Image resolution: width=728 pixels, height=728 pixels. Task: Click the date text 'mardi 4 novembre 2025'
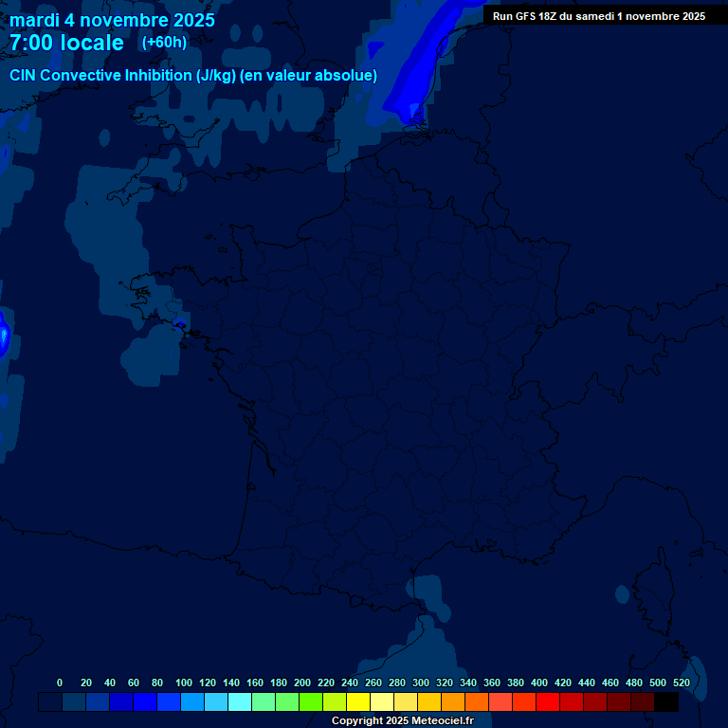tap(112, 20)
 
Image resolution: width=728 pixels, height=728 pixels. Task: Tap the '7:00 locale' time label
tap(66, 43)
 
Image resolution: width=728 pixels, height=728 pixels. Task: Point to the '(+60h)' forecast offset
tap(164, 43)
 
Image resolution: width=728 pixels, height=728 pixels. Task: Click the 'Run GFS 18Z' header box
tap(598, 15)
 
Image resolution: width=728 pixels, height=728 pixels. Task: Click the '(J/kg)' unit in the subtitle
tap(215, 76)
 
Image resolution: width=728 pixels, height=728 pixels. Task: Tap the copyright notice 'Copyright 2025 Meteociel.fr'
tap(402, 720)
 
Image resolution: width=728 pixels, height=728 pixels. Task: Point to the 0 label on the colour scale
tap(60, 682)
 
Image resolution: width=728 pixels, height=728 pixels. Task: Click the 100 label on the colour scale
tap(184, 682)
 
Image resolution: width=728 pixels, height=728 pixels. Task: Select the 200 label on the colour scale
tap(302, 682)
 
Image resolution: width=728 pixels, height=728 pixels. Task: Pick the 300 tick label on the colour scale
tap(421, 682)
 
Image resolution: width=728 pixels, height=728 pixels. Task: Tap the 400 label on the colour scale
tap(539, 682)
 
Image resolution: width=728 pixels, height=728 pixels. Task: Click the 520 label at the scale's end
tap(682, 682)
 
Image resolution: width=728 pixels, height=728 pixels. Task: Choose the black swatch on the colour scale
tap(666, 701)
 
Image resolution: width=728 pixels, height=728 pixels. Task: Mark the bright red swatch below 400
tap(548, 701)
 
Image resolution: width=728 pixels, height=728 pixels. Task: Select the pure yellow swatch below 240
tap(358, 701)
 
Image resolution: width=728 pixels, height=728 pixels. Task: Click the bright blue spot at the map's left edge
tap(4, 336)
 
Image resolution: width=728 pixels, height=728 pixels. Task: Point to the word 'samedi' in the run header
tap(594, 15)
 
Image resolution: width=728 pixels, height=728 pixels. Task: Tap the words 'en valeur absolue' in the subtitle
tap(309, 76)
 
